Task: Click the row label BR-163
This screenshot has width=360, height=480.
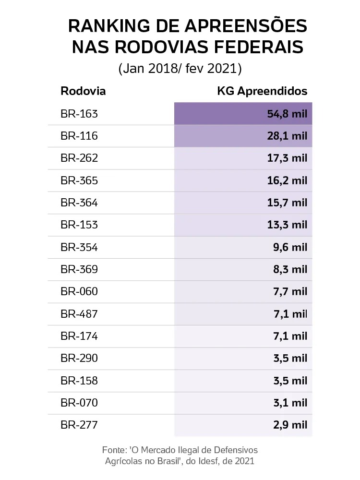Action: click(x=79, y=114)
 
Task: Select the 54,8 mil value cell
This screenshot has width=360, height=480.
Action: click(x=287, y=114)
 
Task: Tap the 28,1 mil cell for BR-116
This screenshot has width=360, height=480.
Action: click(x=287, y=136)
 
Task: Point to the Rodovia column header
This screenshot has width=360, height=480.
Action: click(x=83, y=91)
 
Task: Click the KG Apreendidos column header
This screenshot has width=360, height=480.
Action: click(x=262, y=91)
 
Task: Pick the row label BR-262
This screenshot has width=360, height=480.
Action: click(x=79, y=158)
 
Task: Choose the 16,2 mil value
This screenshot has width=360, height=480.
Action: click(x=287, y=180)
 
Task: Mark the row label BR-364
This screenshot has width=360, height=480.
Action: click(x=79, y=203)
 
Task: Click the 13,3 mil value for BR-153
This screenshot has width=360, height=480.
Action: click(x=287, y=225)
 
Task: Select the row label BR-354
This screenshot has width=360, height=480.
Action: click(x=79, y=247)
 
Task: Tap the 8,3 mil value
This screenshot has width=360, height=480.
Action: click(x=289, y=269)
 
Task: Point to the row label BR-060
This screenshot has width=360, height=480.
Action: click(x=79, y=291)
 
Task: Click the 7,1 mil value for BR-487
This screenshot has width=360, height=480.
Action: click(x=289, y=314)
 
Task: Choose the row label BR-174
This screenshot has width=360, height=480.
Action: click(x=79, y=336)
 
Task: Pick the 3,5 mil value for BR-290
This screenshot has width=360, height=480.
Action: click(x=289, y=358)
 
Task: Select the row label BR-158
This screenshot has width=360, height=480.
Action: click(x=79, y=381)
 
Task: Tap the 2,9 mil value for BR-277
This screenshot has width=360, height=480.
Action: click(x=289, y=425)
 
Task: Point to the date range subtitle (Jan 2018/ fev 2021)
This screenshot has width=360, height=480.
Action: click(x=180, y=69)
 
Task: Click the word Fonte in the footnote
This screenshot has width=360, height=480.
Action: click(x=114, y=450)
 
